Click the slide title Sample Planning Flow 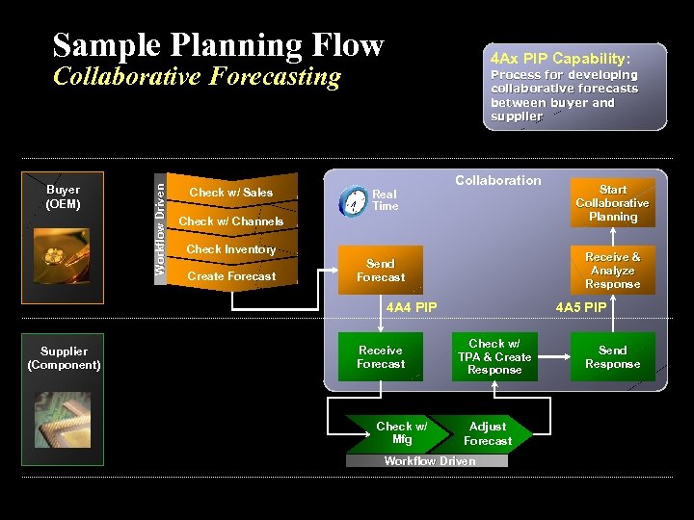pyautogui.click(x=219, y=44)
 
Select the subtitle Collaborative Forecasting pyautogui.click(x=197, y=77)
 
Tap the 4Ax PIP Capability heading pyautogui.click(x=560, y=58)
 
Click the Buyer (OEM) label pyautogui.click(x=63, y=196)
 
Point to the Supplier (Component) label pyautogui.click(x=64, y=358)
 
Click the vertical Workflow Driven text pyautogui.click(x=160, y=222)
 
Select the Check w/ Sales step pyautogui.click(x=230, y=193)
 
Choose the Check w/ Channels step pyautogui.click(x=231, y=221)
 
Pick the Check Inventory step pyautogui.click(x=231, y=249)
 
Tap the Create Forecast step pyautogui.click(x=231, y=276)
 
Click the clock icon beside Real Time pyautogui.click(x=352, y=202)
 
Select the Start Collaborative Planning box pyautogui.click(x=612, y=203)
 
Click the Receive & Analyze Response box pyautogui.click(x=612, y=271)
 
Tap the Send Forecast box pyautogui.click(x=381, y=271)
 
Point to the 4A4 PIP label pyautogui.click(x=411, y=308)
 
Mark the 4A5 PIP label pyautogui.click(x=581, y=308)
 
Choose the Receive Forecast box pyautogui.click(x=381, y=357)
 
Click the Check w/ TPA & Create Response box pyautogui.click(x=494, y=357)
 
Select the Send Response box pyautogui.click(x=612, y=357)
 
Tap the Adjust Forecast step pyautogui.click(x=488, y=433)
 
